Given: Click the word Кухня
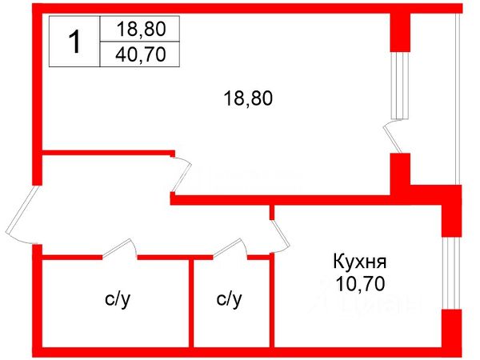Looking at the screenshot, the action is click(x=359, y=262).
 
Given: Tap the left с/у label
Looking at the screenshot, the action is click(x=117, y=300).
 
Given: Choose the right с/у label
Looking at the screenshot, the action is click(x=229, y=300).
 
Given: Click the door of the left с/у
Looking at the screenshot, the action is click(x=120, y=250).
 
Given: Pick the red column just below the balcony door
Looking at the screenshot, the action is click(x=400, y=173).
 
